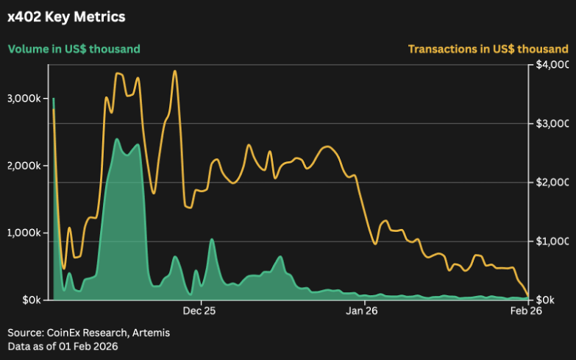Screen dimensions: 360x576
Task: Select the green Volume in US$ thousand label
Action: point(74,49)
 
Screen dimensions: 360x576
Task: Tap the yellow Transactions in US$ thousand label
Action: point(488,49)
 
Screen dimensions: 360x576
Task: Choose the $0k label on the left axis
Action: point(29,300)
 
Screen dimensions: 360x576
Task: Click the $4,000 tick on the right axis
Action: point(552,65)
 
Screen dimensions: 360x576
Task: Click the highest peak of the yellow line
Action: point(174,71)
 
